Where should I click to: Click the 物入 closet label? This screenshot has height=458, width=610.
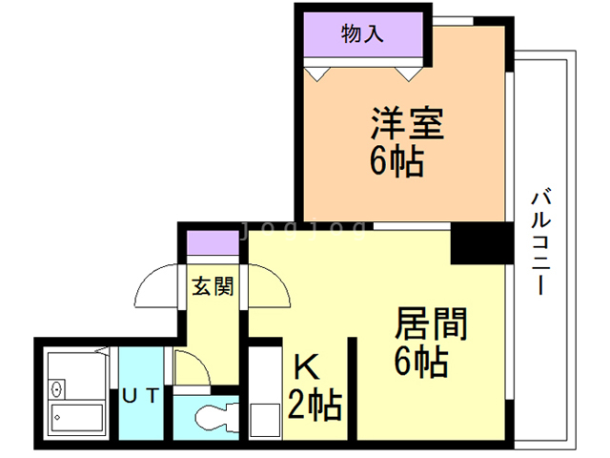(x=362, y=35)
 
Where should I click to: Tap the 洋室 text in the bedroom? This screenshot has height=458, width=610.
(x=407, y=125)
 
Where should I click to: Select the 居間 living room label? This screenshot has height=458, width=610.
(x=430, y=324)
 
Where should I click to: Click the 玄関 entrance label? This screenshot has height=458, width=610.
(x=211, y=285)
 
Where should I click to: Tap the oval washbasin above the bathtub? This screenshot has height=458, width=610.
(x=56, y=388)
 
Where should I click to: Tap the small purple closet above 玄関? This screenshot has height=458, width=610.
(x=212, y=242)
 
